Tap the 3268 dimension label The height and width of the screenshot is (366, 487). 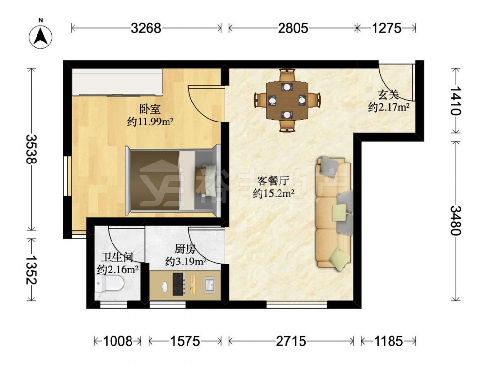(146, 28)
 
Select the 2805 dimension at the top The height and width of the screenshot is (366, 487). (293, 28)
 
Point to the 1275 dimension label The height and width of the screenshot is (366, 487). (387, 28)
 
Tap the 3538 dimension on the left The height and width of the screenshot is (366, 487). (31, 149)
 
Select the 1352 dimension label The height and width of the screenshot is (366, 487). (31, 270)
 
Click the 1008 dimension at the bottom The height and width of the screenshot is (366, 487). (118, 341)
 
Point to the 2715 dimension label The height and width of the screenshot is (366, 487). (291, 341)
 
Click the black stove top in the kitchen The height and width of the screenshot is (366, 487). (179, 284)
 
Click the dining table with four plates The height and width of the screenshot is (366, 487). (287, 101)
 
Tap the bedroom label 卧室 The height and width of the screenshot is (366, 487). (150, 109)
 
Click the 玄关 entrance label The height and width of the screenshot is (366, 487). (388, 95)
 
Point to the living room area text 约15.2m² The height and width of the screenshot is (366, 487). (274, 194)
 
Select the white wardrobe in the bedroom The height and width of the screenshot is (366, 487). (117, 82)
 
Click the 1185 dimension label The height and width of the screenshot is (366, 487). (388, 341)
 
